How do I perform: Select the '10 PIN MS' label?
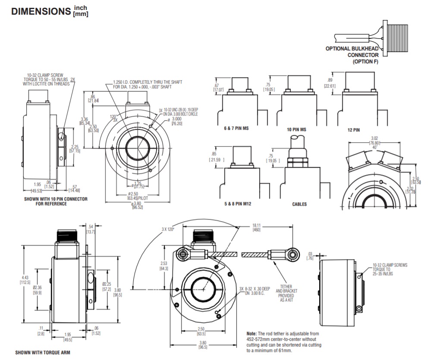coord(296,129)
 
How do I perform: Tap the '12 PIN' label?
coord(353,130)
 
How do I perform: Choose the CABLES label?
coord(299,204)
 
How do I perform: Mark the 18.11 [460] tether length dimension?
coord(257,228)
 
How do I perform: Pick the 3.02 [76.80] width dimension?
coord(374,141)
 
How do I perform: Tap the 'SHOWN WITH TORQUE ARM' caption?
coord(43,353)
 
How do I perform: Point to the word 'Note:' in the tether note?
coord(252,334)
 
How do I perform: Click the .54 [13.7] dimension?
coord(91,229)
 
